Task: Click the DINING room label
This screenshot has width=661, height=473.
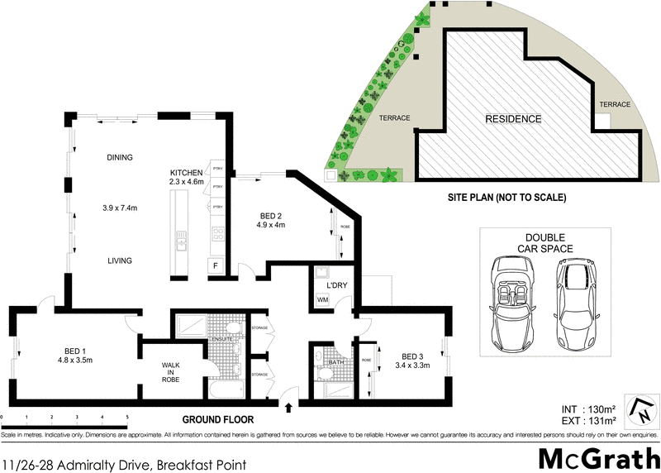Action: [x=120, y=157]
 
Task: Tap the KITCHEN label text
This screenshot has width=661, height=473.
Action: [x=186, y=172]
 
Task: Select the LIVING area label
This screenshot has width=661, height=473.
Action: [x=120, y=260]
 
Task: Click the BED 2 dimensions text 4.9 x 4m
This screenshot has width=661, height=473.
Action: [x=270, y=224]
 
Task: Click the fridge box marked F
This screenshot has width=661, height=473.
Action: [x=216, y=265]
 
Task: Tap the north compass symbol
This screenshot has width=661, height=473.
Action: [x=638, y=410]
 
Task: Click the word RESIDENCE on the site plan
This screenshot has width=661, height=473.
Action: [x=513, y=119]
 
